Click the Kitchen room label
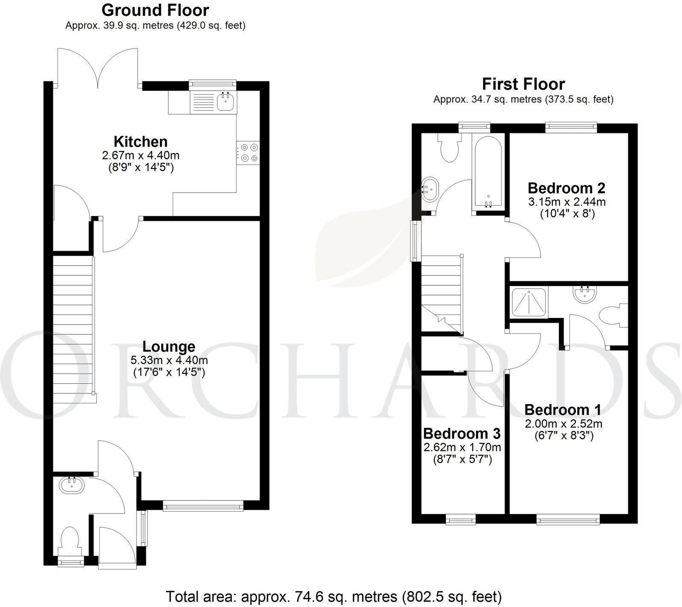tap(140, 142)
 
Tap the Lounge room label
tap(169, 346)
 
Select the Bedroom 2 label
tap(566, 188)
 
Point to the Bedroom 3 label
tap(462, 434)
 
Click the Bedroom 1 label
tap(563, 410)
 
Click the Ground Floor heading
tap(155, 10)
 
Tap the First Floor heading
tap(523, 84)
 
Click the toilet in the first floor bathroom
tap(449, 149)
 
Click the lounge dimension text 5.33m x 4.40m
tap(169, 360)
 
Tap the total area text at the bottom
tap(333, 596)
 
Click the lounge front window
tap(203, 506)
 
